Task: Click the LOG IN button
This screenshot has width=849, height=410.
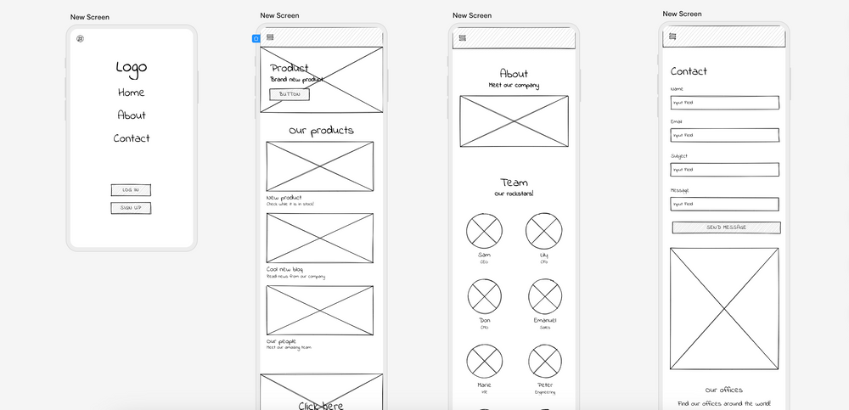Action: pos(131,190)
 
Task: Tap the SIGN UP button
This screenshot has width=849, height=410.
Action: pos(131,208)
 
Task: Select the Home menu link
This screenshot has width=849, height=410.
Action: pos(131,93)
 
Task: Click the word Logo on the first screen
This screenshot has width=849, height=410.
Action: pos(132,68)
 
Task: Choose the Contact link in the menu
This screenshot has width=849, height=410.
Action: pos(132,138)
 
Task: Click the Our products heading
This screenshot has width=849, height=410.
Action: pos(321,131)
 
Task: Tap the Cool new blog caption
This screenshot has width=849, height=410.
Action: pos(285,269)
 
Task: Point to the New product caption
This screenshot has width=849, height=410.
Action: pos(284,197)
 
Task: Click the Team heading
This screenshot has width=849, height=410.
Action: pos(514,183)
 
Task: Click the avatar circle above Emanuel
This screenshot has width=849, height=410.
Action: pos(544,295)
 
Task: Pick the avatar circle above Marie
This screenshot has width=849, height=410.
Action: pos(484,359)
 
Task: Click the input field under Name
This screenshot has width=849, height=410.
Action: pos(724,103)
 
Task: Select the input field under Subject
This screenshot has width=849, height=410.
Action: pos(724,170)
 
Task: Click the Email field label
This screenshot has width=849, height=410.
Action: pos(677,122)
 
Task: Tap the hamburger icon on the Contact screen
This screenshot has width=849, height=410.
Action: pos(672,36)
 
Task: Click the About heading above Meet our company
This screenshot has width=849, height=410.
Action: pos(514,74)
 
